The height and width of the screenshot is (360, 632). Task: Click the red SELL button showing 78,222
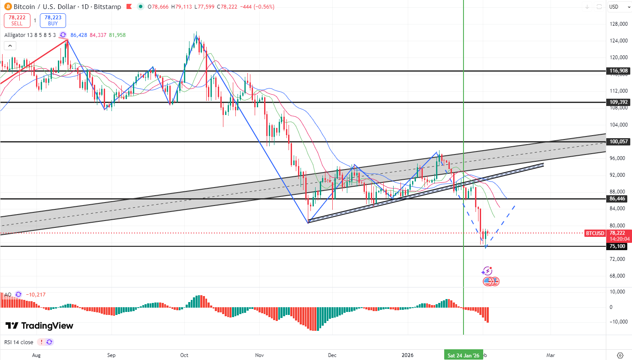(17, 21)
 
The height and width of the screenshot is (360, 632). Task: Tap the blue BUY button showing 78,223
(53, 21)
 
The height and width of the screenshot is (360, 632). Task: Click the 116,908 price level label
(619, 71)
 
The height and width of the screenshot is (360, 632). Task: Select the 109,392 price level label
(619, 102)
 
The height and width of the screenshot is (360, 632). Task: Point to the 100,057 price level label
(619, 142)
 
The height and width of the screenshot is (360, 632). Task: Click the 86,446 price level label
(617, 199)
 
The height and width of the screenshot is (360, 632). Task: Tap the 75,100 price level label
(617, 246)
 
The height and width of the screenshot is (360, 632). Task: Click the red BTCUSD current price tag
(595, 233)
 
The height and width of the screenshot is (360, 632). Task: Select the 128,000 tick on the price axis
(619, 24)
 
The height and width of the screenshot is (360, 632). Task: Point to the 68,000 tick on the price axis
(619, 276)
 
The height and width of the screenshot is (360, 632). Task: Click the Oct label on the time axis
(184, 355)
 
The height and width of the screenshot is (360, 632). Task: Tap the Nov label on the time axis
(259, 355)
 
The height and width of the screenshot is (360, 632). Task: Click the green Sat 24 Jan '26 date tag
(463, 355)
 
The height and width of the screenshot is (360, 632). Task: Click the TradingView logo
(39, 326)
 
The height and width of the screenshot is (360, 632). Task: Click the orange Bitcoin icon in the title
(8, 6)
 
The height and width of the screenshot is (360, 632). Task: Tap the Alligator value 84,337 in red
(98, 35)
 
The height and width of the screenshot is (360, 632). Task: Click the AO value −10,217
(36, 295)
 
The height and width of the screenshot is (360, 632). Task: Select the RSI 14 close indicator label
(19, 342)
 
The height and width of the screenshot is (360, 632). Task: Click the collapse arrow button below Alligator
(10, 45)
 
